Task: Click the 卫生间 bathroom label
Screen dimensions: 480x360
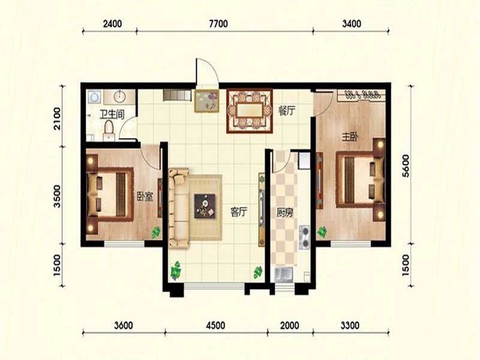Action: (112, 115)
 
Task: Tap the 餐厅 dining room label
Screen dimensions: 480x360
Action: (287, 110)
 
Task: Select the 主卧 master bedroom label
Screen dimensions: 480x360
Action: (350, 137)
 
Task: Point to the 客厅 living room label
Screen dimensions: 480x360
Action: (238, 212)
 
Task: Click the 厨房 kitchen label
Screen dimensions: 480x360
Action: (284, 212)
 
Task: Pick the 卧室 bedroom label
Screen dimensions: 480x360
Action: (145, 196)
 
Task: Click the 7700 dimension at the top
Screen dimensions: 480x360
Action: (218, 23)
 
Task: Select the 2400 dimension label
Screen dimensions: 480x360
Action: (112, 23)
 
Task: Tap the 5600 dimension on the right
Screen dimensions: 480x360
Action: (406, 166)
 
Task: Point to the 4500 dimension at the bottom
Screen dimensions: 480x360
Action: (215, 325)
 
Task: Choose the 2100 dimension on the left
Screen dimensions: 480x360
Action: (57, 118)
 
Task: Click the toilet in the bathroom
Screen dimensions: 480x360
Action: (109, 131)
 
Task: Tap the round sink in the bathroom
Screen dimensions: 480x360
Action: (119, 97)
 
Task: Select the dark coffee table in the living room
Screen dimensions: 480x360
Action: (205, 206)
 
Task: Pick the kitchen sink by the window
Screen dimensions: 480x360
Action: (284, 274)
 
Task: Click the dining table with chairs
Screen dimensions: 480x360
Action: (250, 110)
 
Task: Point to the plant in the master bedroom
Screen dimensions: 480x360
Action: (322, 232)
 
